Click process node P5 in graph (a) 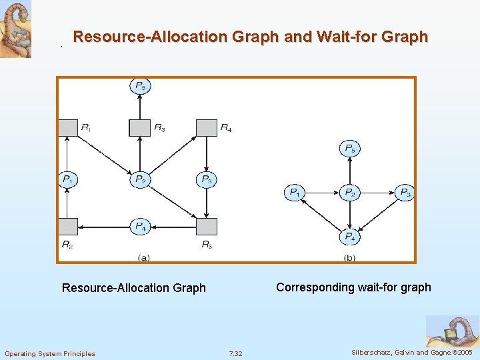pos(139,86)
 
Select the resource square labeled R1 pos(67,127)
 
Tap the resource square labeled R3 pos(139,127)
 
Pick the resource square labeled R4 pos(207,127)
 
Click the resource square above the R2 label pos(67,227)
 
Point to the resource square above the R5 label pos(207,227)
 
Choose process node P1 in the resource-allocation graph pos(67,179)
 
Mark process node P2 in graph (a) pos(139,179)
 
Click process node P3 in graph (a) pos(207,179)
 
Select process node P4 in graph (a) pos(139,227)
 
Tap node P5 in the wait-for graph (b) pos(349,149)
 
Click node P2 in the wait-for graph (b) pos(349,193)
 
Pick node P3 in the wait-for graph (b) pos(404,193)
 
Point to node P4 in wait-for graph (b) pos(349,237)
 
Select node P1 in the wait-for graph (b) pos(294,193)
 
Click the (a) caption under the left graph pos(143,257)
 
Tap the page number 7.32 pos(235,353)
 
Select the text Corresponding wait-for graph pos(353,287)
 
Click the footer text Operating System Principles pos(50,353)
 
